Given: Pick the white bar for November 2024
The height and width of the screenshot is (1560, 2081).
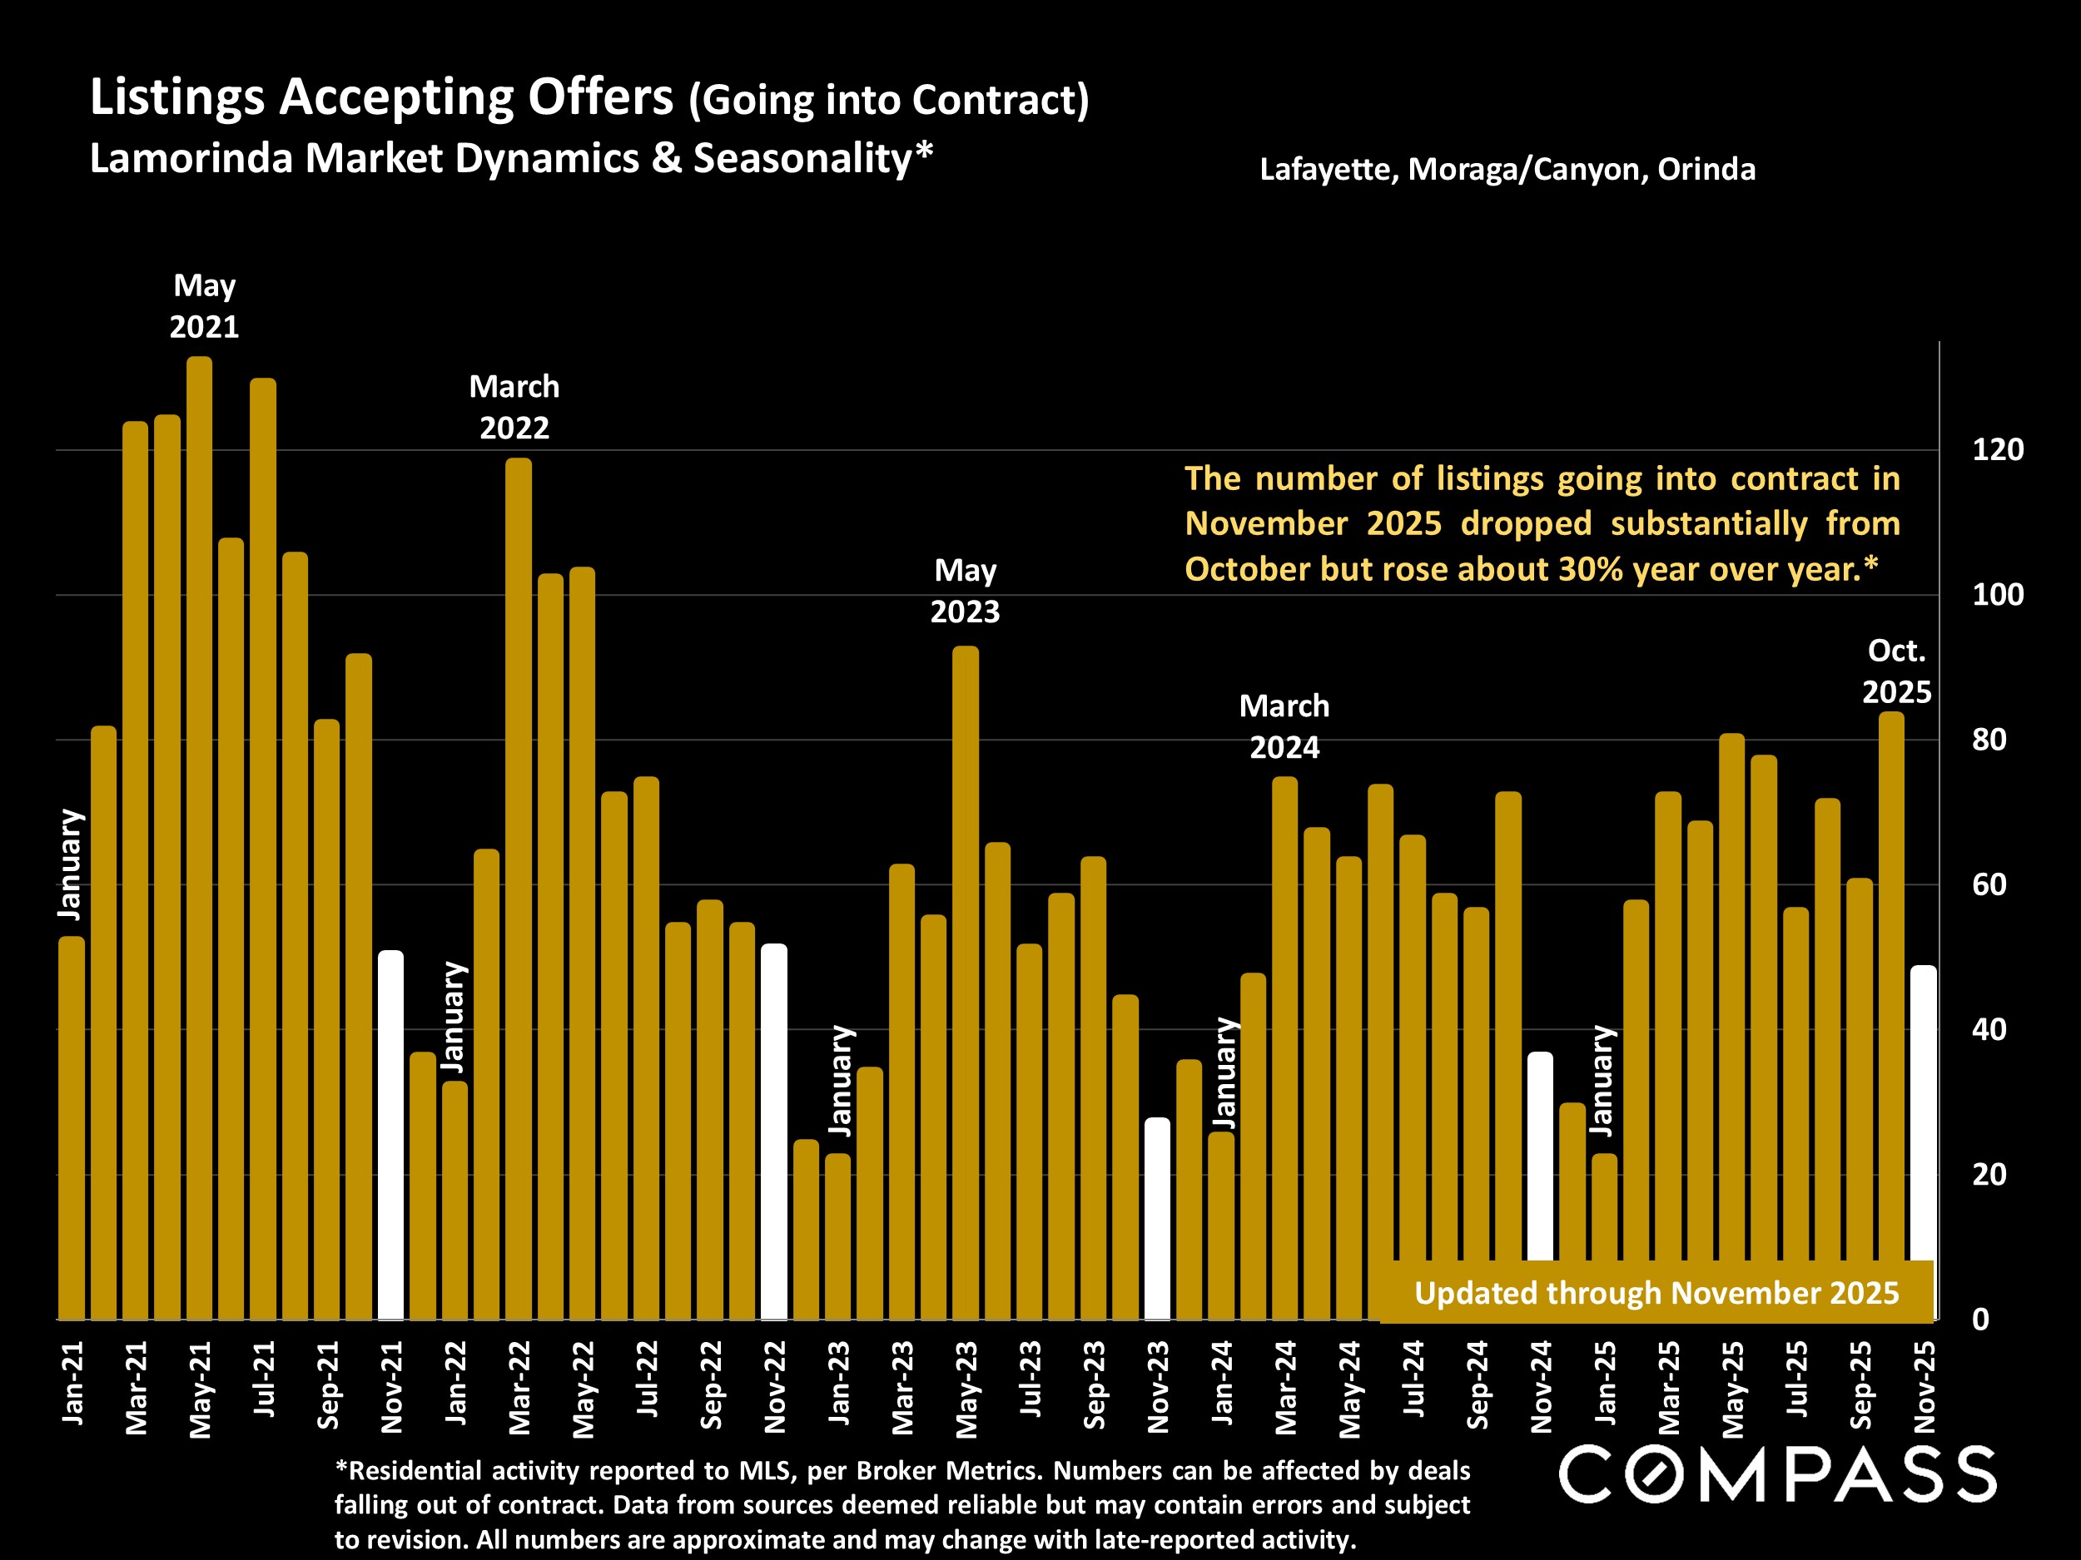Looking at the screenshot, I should point(1540,1156).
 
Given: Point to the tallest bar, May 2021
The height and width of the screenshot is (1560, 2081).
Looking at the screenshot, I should point(200,837).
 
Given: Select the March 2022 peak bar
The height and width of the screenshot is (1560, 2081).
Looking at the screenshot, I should point(519,889).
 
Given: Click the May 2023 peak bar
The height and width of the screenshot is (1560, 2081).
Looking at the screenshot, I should point(966,983).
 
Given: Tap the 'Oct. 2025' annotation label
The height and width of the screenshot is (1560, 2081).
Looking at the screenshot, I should point(1896,671).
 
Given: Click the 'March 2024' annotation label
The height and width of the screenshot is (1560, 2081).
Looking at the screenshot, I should point(1284,726).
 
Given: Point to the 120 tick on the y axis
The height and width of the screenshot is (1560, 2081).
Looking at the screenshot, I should point(1997,450).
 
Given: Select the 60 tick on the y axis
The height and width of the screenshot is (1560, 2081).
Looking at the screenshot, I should point(1989,885).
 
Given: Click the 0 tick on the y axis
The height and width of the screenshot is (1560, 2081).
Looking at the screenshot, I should point(1980,1320).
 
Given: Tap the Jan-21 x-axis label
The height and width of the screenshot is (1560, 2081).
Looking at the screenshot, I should point(72,1382).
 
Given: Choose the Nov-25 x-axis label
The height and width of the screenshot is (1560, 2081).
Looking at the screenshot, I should point(1925,1386).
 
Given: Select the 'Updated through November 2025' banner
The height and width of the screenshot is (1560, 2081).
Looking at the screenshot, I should point(1656,1293).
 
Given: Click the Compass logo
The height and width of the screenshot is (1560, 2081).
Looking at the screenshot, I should point(1777,1474).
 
